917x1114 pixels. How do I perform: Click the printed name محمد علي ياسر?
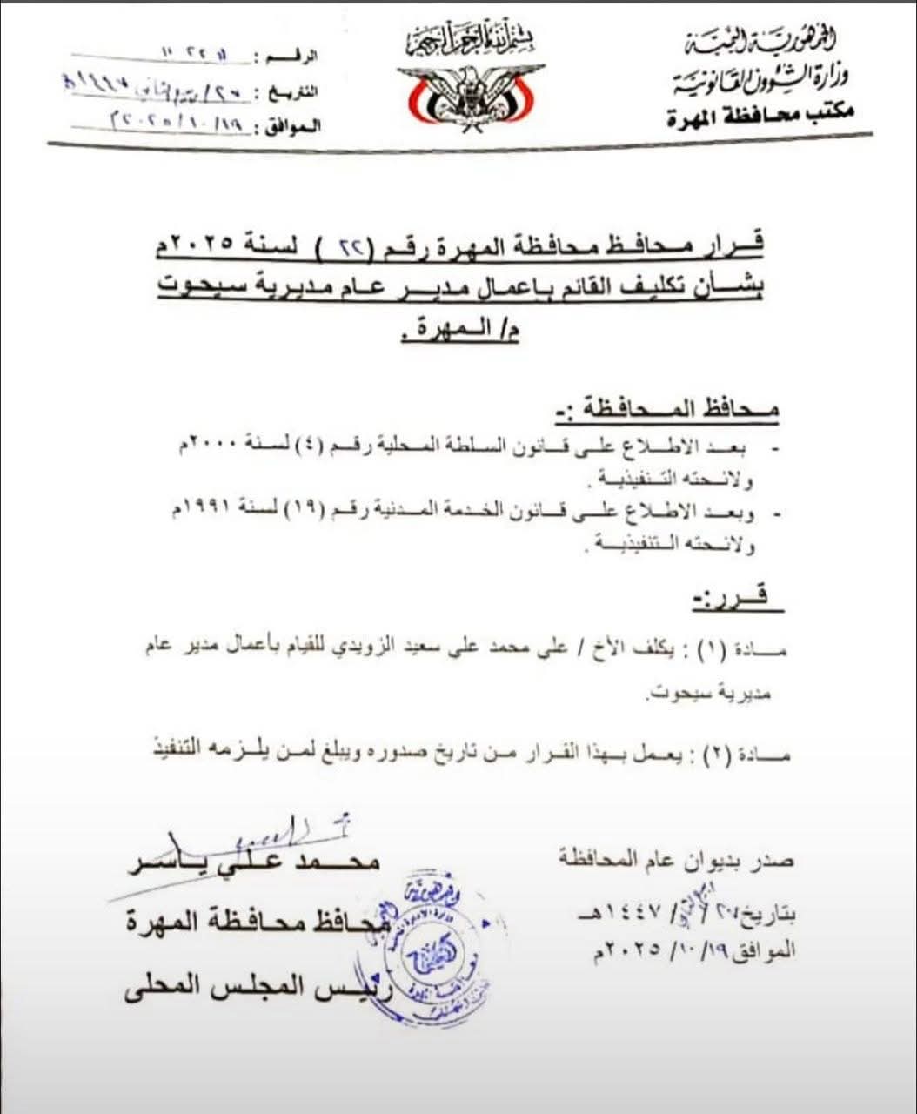[254, 862]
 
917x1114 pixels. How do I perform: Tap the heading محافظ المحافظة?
[666, 409]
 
